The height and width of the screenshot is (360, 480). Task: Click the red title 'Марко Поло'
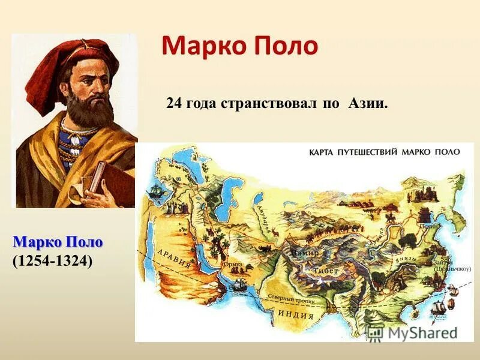coord(239,46)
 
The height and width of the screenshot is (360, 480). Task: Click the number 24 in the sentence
coord(173,104)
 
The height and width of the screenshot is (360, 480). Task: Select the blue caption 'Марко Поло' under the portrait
coord(58,242)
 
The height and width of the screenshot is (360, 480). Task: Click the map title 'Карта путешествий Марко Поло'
coord(385,152)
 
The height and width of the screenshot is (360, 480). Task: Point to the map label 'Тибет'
coord(326,271)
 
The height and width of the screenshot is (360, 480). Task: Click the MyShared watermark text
coord(420,332)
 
